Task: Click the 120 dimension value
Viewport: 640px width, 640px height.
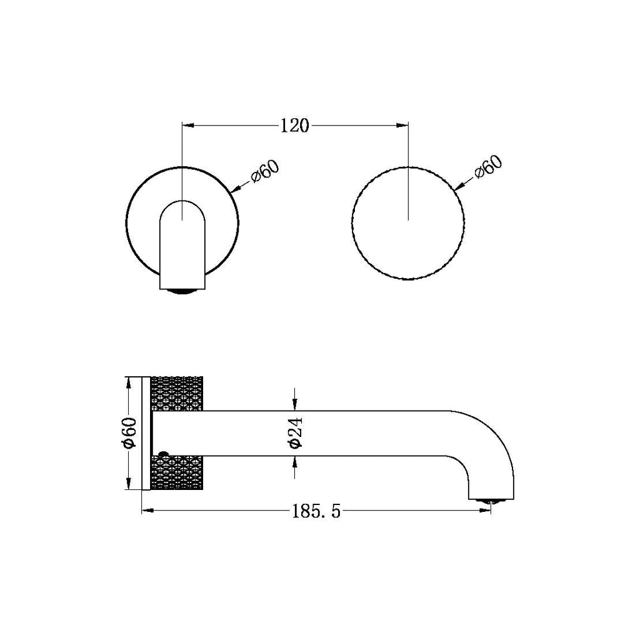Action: pos(294,126)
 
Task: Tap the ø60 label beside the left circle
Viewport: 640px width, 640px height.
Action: pos(264,171)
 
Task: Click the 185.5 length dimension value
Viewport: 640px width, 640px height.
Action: pos(316,512)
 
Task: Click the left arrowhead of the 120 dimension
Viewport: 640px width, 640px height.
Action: pos(187,126)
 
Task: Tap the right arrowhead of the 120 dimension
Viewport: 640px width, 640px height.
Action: pos(402,126)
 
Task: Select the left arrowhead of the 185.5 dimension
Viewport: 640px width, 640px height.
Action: pos(147,511)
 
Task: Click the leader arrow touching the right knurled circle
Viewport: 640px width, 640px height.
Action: pos(458,186)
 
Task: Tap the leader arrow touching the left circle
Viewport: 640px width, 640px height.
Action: pos(236,188)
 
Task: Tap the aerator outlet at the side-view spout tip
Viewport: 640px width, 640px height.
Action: pos(491,500)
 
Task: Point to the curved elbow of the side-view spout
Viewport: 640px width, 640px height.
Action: pos(491,437)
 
